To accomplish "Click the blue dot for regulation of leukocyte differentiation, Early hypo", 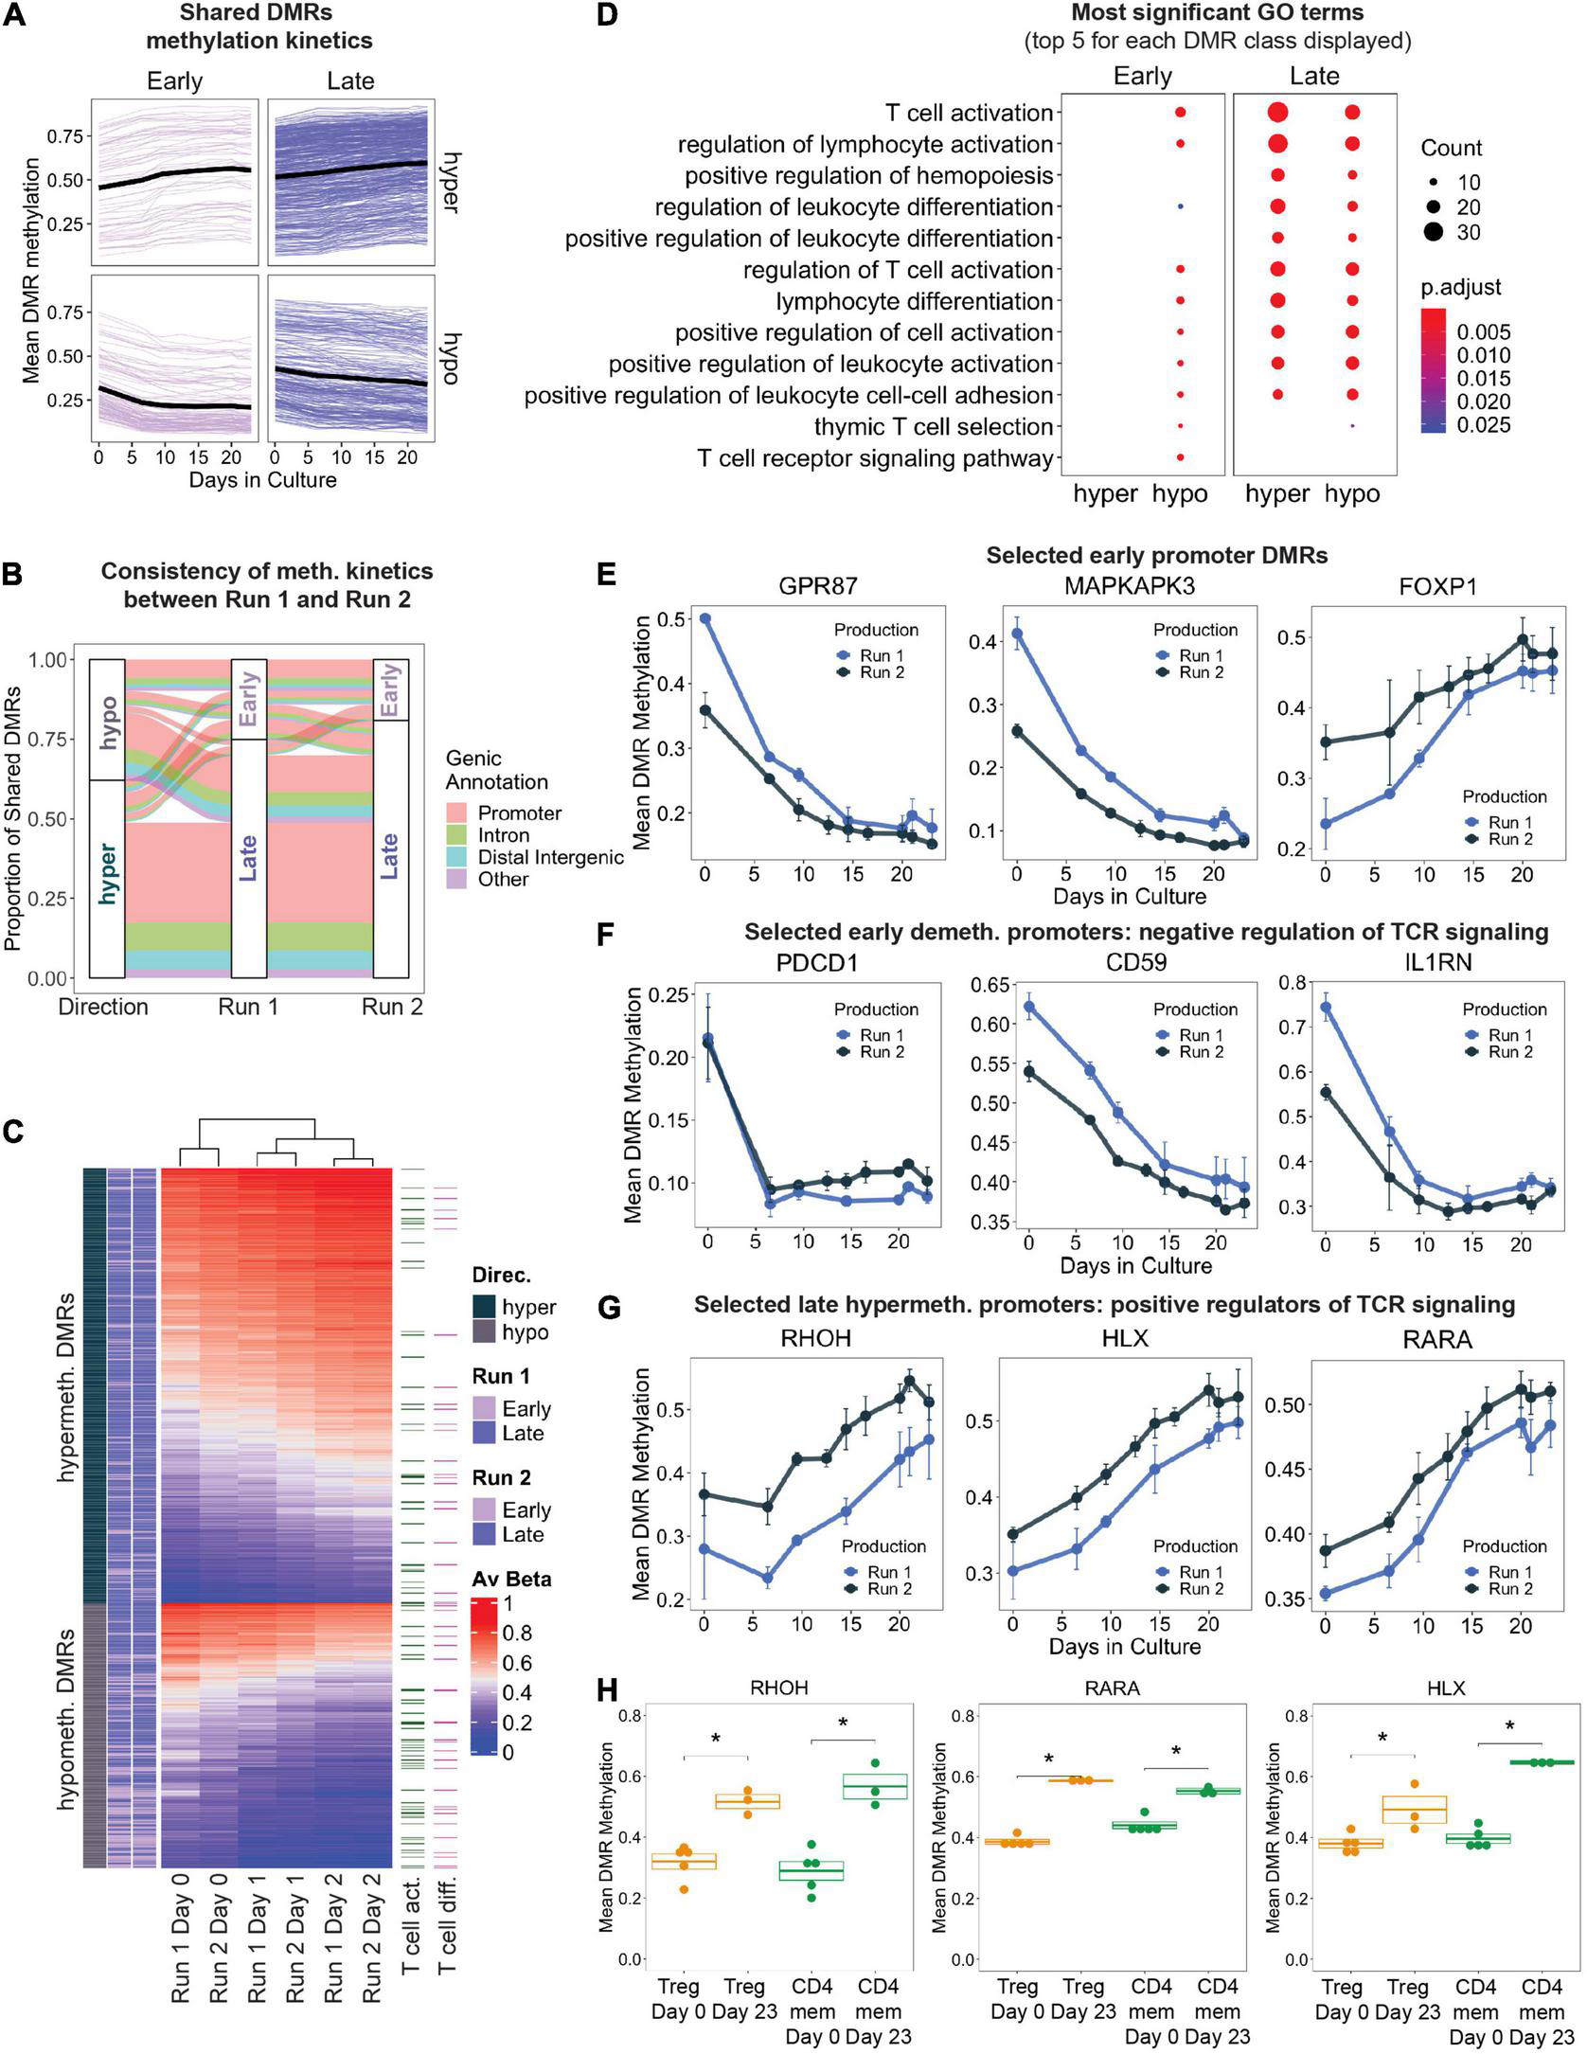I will [x=1180, y=206].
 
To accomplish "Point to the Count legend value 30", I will [x=1469, y=233].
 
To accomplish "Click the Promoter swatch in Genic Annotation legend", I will [x=458, y=813].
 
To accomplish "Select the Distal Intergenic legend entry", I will [x=550, y=858].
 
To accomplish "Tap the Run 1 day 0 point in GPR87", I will [x=704, y=619].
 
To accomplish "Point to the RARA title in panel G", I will [x=1436, y=1339].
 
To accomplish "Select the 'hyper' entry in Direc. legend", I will [x=528, y=1308].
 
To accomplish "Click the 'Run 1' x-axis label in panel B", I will [x=248, y=1007].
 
